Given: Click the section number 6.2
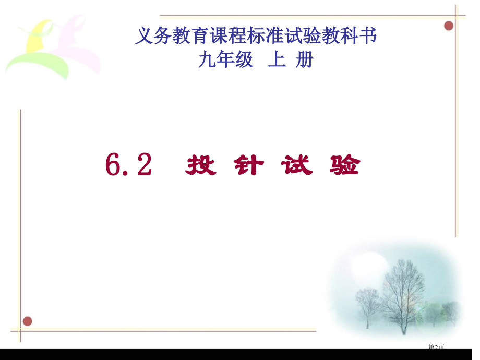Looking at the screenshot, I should [x=128, y=166].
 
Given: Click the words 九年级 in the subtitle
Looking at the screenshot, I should [x=225, y=61].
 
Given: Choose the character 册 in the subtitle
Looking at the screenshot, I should [x=304, y=61].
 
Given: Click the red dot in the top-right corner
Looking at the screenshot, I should [x=449, y=26].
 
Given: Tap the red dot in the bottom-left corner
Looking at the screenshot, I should [x=27, y=321].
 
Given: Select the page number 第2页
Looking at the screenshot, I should [x=436, y=346].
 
